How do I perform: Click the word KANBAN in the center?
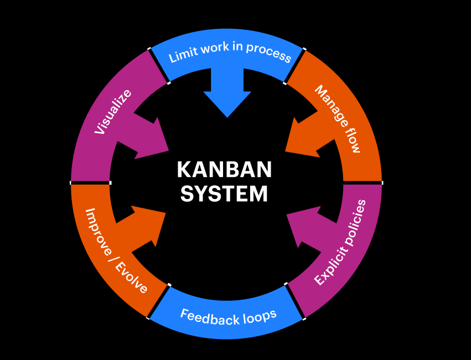(225, 170)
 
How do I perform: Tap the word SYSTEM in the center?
(225, 194)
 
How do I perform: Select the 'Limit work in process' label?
(229, 51)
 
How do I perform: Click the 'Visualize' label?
(113, 112)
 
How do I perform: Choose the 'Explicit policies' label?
(340, 242)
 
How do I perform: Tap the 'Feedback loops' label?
(228, 316)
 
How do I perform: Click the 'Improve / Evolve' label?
(116, 251)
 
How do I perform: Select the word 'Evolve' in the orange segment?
(131, 277)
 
